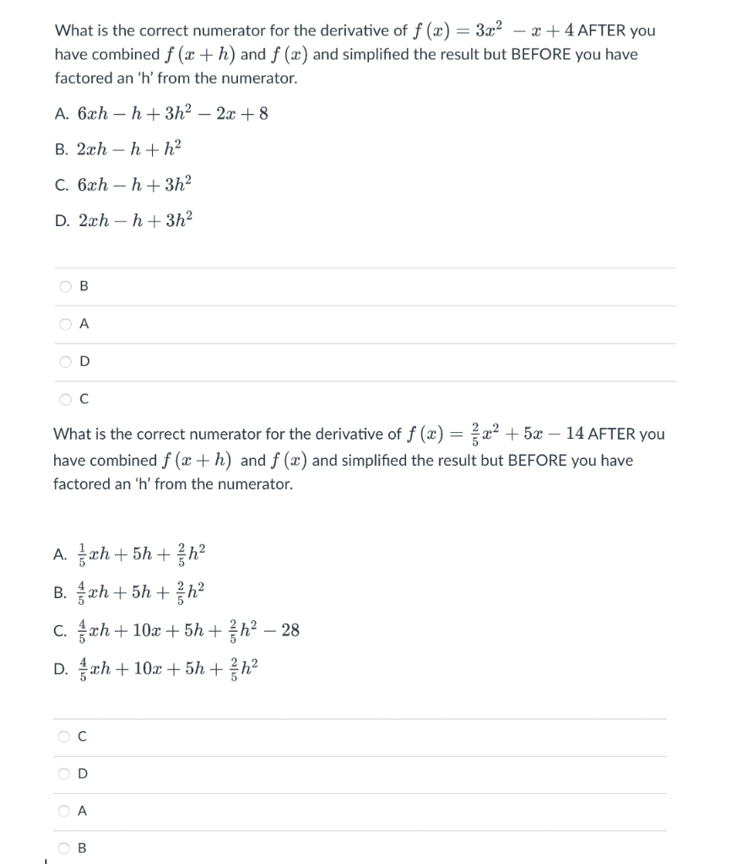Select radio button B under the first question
click(66, 287)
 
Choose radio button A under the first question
click(66, 324)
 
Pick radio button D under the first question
click(66, 362)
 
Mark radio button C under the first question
click(66, 400)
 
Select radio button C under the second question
click(66, 737)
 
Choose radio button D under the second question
click(66, 774)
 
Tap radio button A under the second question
click(66, 811)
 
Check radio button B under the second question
click(66, 849)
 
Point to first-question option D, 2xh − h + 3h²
click(134, 220)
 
